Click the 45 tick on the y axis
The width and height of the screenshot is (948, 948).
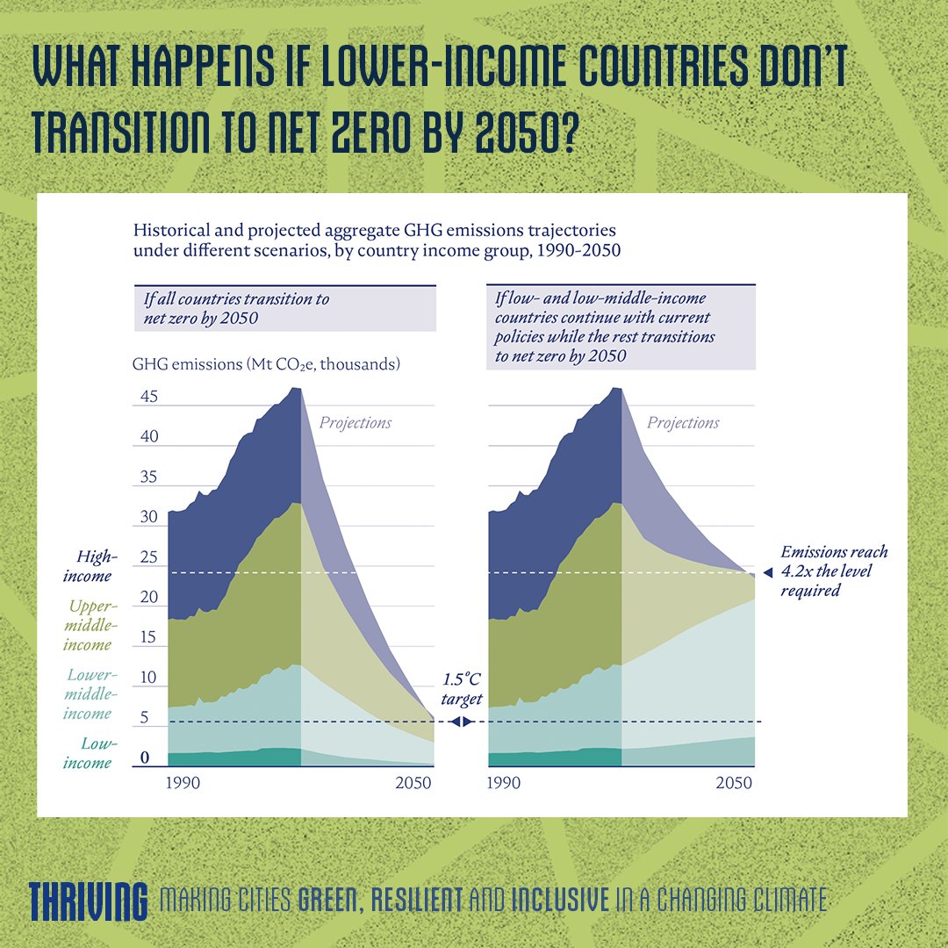[149, 397]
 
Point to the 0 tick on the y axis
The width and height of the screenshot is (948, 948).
[146, 758]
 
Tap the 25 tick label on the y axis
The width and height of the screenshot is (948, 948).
[149, 557]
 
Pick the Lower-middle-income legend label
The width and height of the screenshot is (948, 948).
[88, 693]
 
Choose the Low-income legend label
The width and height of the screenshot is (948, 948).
[88, 753]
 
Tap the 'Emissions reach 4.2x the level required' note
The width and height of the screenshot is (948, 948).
[834, 571]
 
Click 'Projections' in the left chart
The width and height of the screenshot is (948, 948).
[355, 423]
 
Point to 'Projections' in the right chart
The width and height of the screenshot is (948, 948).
[683, 423]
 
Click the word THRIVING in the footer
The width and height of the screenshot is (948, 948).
[88, 899]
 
